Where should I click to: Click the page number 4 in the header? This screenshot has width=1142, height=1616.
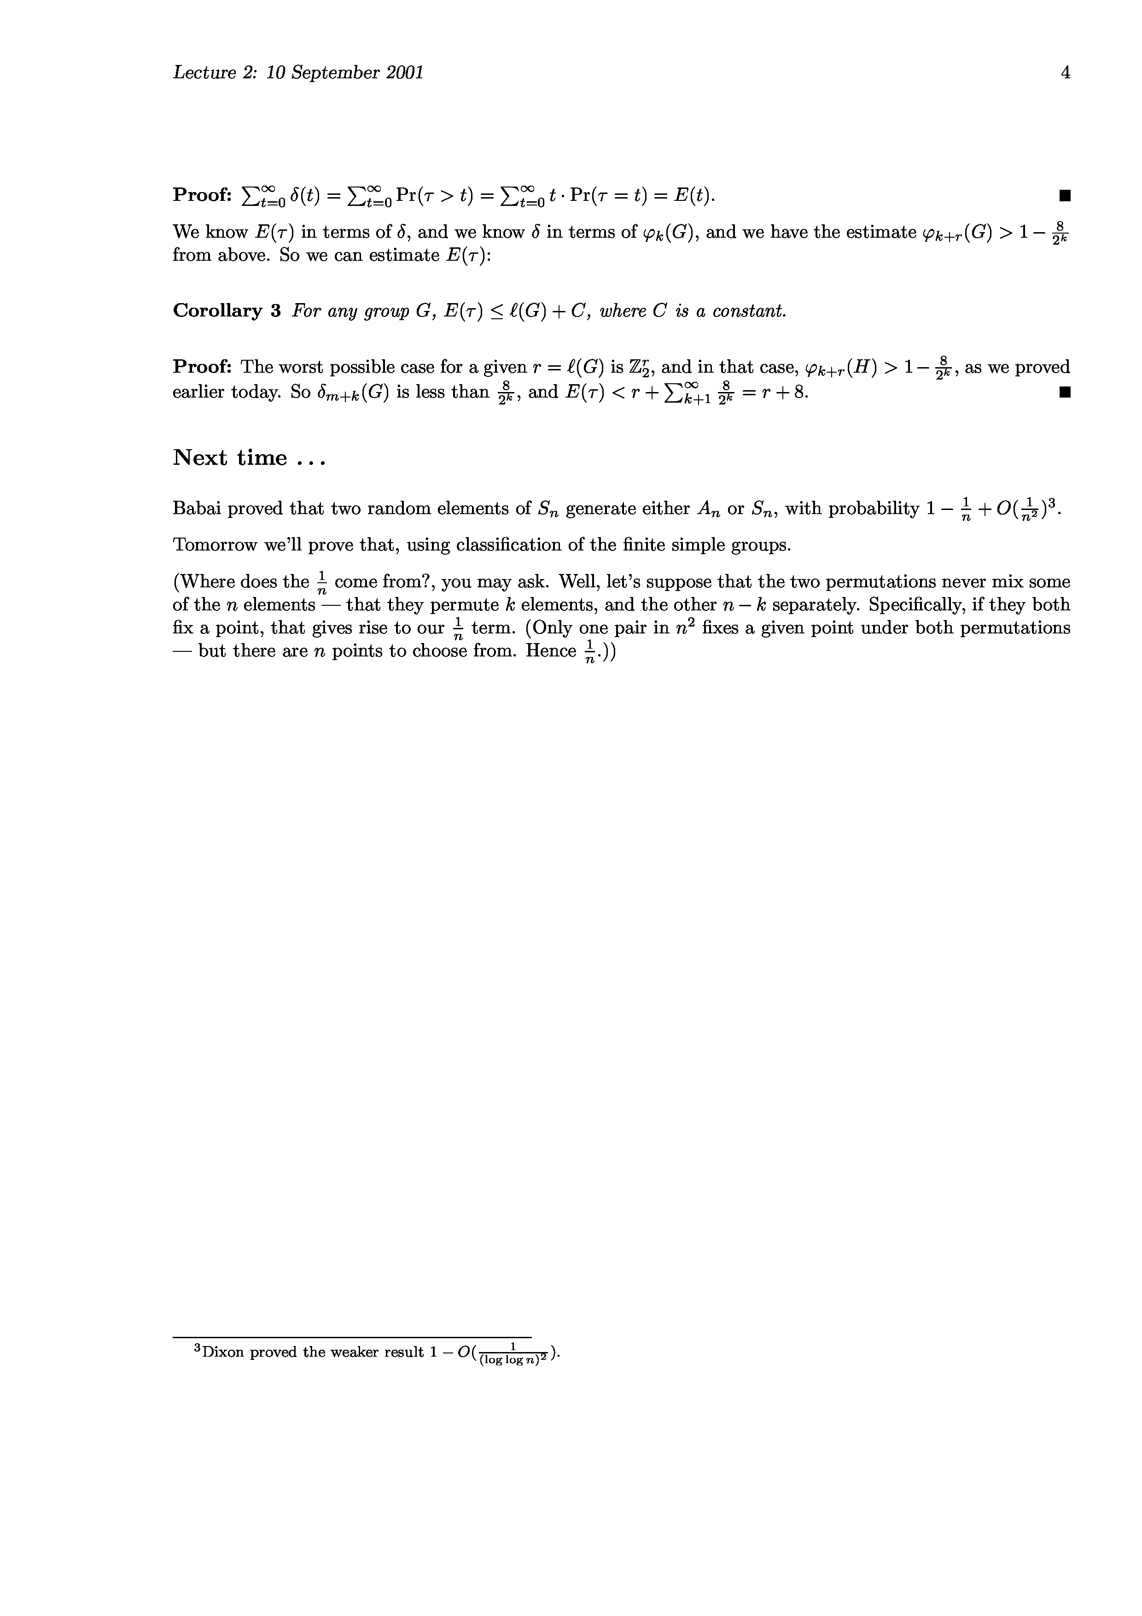coord(1065,72)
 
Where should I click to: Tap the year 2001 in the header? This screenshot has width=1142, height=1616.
coord(405,72)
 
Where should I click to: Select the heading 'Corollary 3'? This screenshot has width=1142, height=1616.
coord(227,310)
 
